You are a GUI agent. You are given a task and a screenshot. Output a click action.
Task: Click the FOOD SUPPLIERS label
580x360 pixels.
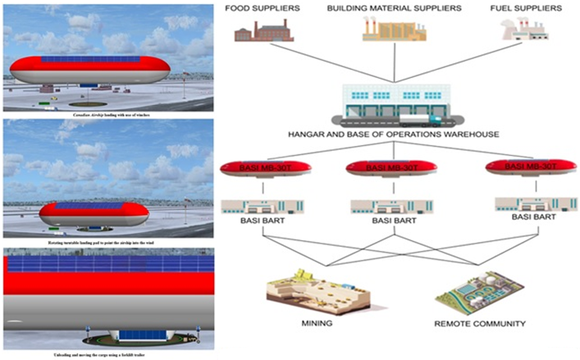(x=262, y=9)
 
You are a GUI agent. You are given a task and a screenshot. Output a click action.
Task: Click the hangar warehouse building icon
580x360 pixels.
(x=394, y=106)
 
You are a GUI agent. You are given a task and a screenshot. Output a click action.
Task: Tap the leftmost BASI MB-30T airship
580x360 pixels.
(x=265, y=170)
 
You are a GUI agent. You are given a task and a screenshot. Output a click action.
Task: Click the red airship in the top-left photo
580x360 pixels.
(x=89, y=71)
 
